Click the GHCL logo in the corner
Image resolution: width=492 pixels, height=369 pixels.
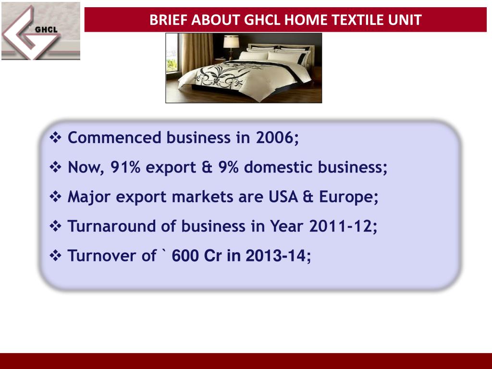click(41, 31)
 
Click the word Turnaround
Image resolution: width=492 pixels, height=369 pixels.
click(112, 226)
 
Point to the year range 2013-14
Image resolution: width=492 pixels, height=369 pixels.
click(276, 256)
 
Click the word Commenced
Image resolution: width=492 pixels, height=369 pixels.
click(114, 138)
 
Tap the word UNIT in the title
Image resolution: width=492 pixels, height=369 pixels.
click(408, 20)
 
